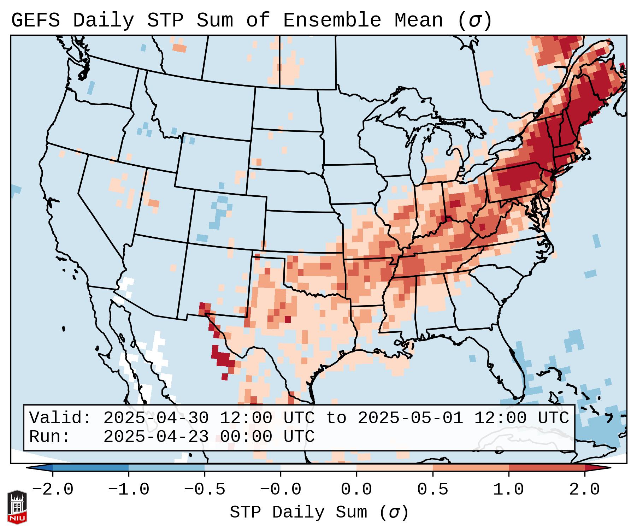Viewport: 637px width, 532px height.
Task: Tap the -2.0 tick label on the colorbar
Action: pos(53,490)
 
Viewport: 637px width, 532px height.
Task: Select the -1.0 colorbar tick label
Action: pos(129,490)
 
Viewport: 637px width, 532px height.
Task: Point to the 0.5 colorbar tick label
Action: pos(433,490)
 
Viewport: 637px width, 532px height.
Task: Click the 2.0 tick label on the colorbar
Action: pos(585,490)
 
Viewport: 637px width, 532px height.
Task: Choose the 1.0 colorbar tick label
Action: pos(509,490)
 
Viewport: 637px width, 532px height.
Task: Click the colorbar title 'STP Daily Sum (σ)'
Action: pos(319,512)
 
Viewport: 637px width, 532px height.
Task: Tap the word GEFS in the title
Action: pos(35,20)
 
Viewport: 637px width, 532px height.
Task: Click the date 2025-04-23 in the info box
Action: pos(156,437)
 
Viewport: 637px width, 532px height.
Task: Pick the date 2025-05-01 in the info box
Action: pos(411,418)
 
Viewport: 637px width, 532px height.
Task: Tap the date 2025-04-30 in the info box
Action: pos(156,418)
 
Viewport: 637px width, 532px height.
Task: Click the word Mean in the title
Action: pos(419,20)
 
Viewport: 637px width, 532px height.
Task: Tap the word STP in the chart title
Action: pos(165,20)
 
